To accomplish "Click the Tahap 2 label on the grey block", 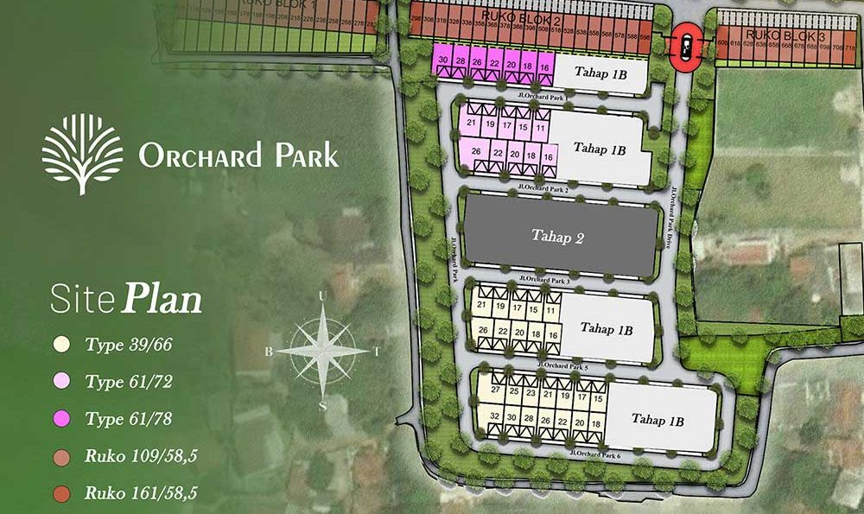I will (x=558, y=237).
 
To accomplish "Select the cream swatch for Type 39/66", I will (x=60, y=344).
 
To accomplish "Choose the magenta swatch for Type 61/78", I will (x=60, y=419).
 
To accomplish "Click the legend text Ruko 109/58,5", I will (x=141, y=456).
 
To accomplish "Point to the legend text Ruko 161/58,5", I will (x=141, y=493).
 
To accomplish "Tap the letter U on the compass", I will (x=322, y=296).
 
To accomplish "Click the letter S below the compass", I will (x=322, y=405).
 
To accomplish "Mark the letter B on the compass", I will (x=269, y=352).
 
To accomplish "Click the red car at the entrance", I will (x=687, y=46).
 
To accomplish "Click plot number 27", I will (x=495, y=391).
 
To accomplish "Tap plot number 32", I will (x=495, y=417).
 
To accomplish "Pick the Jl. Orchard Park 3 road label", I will (x=546, y=278).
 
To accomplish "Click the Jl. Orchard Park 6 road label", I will (x=597, y=452).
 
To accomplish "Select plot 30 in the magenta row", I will (x=443, y=60).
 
